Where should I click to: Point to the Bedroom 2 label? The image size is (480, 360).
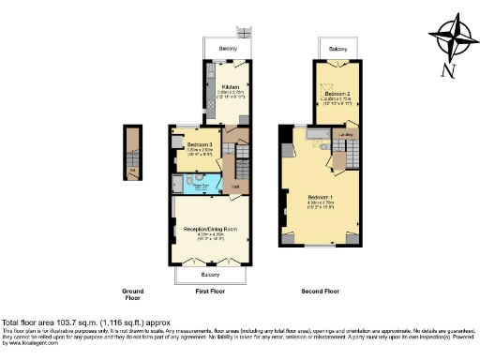[337, 95]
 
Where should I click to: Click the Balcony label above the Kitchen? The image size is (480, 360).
[227, 48]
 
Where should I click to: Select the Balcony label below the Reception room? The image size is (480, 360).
[211, 276]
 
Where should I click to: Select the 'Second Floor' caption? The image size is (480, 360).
[321, 292]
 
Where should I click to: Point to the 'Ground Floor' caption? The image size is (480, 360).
[133, 295]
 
